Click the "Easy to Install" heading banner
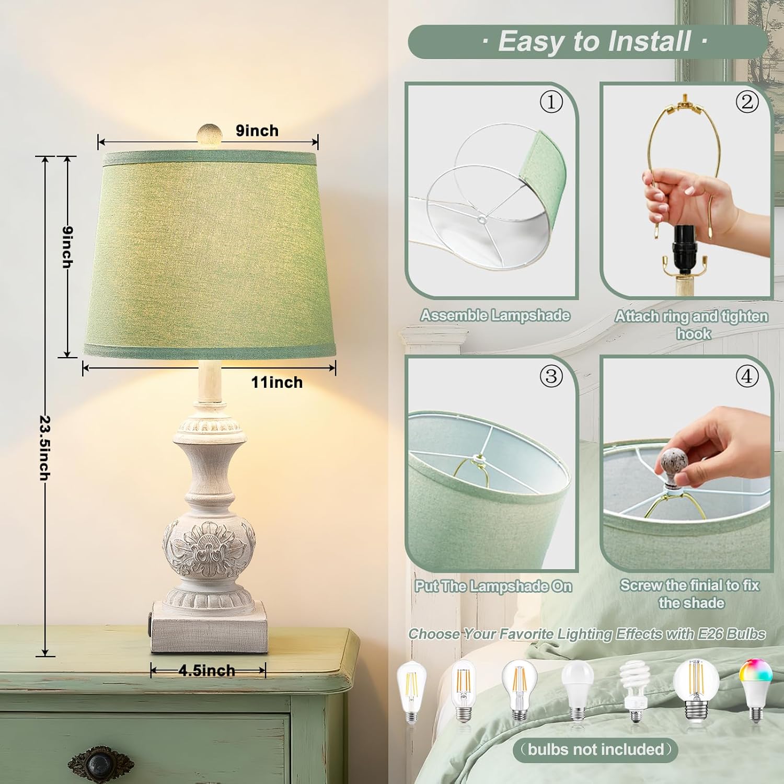click(x=587, y=41)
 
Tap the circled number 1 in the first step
click(x=551, y=102)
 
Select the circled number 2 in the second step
click(x=747, y=102)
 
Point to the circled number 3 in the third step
click(x=551, y=376)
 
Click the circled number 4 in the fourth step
click(x=747, y=376)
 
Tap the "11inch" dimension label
click(x=276, y=383)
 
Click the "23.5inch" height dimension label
click(x=45, y=448)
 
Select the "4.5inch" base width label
click(x=207, y=671)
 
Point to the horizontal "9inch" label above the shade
click(x=257, y=131)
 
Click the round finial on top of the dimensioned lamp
click(x=209, y=133)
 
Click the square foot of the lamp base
click(x=209, y=627)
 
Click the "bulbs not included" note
click(x=596, y=750)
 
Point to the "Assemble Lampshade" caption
click(x=495, y=316)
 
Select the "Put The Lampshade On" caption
click(x=493, y=586)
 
